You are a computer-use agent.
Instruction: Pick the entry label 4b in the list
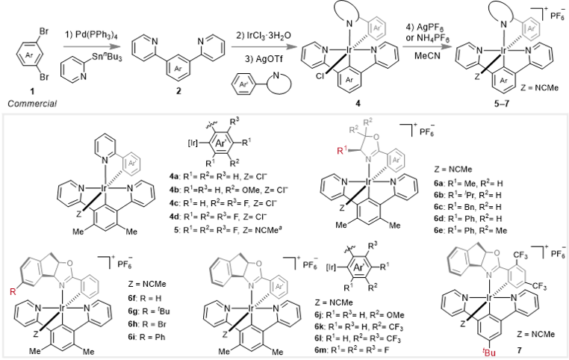pyautogui.click(x=174, y=180)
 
